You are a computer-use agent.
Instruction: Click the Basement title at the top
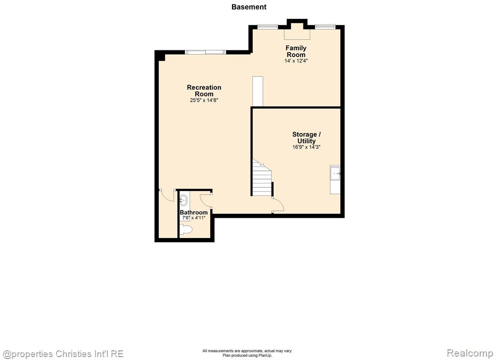[x=249, y=7]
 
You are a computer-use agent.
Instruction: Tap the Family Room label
[x=296, y=51]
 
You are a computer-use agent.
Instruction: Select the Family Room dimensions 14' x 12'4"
[x=296, y=60]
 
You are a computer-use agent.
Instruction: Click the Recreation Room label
[x=204, y=90]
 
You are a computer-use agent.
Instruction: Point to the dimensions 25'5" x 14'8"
[x=204, y=100]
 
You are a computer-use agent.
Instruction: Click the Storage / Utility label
[x=306, y=137]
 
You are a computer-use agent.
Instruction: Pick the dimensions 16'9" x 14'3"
[x=306, y=147]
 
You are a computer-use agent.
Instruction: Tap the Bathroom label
[x=193, y=212]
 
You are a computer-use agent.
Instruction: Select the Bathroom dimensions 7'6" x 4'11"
[x=193, y=218]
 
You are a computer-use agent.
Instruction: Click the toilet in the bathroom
[x=186, y=229]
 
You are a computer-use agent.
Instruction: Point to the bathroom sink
[x=183, y=200]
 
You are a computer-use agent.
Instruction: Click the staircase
[x=262, y=179]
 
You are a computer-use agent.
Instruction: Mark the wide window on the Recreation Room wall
[x=205, y=52]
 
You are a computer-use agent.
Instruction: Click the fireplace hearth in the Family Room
[x=297, y=34]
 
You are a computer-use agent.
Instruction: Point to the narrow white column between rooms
[x=258, y=91]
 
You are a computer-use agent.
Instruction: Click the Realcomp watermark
[x=470, y=353]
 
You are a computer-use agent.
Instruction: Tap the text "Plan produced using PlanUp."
[x=247, y=355]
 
